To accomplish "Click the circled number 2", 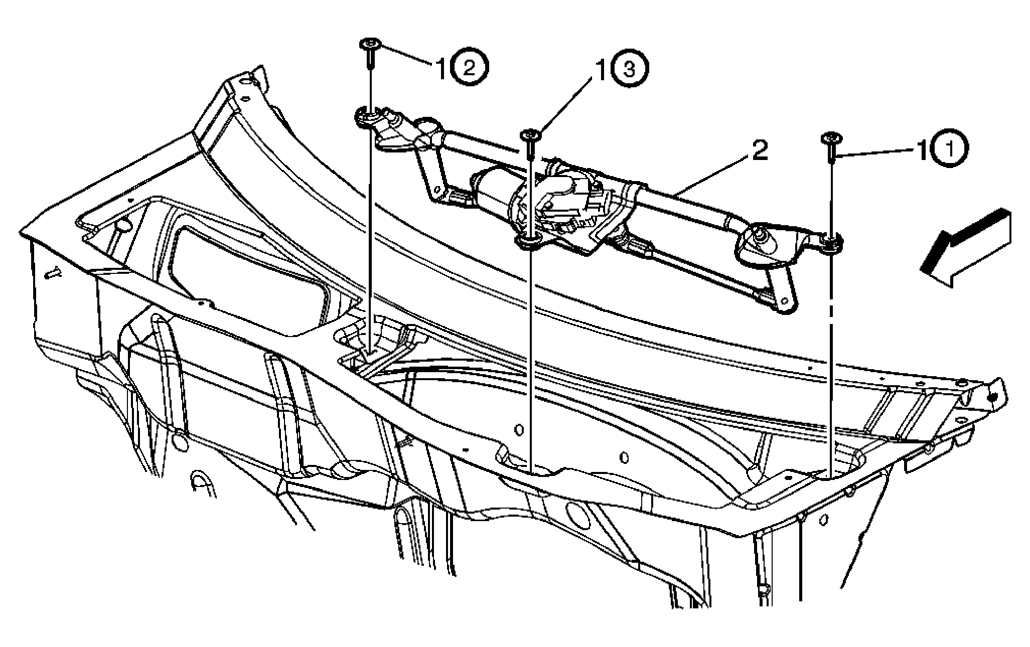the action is click(470, 68).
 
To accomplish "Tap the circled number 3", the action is click(630, 70).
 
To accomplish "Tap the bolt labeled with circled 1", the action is click(831, 147).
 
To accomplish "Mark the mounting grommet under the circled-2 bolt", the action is click(368, 119).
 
